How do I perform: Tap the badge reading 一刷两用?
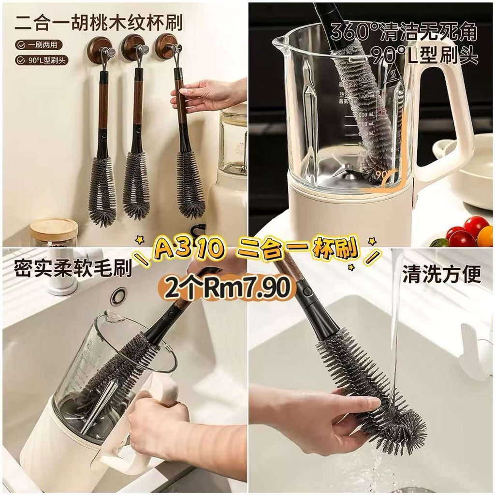point(39,45)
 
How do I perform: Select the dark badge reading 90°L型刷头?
point(42,60)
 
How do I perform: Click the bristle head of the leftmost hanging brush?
point(102,190)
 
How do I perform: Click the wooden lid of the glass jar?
point(54,227)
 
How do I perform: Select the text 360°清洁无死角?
point(405,31)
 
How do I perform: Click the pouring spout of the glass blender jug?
point(280,41)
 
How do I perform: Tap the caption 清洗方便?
point(441,274)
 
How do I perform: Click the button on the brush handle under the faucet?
point(306,291)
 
